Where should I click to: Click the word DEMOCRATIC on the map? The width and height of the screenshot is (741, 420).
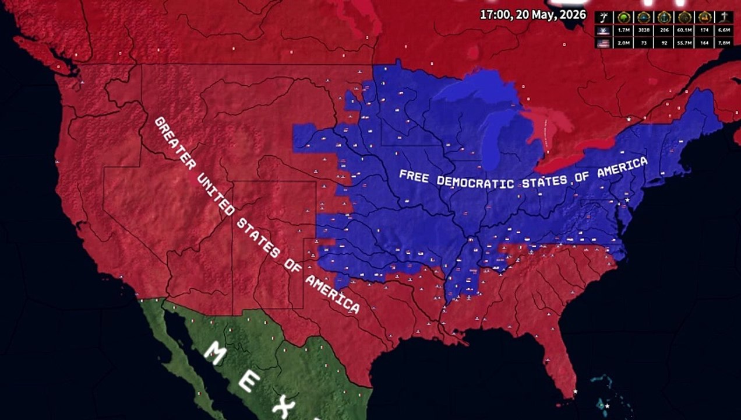tap(475, 182)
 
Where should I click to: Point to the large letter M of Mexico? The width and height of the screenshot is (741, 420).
tap(217, 353)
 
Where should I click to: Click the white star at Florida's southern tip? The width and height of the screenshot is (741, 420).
tap(575, 391)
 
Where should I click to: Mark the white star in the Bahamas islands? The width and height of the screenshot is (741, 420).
tap(606, 405)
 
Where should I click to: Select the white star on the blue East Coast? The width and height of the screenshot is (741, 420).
tap(627, 200)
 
